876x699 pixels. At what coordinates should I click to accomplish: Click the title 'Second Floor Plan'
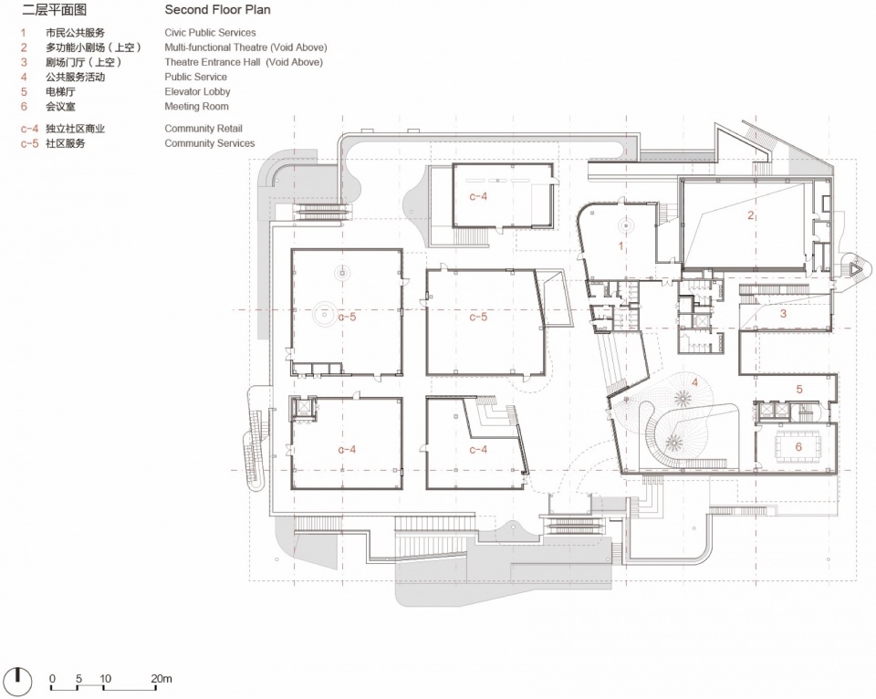click(217, 9)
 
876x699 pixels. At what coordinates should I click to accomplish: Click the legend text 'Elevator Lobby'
click(197, 91)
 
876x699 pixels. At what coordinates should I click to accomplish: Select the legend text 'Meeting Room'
click(197, 106)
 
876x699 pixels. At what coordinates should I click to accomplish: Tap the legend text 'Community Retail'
click(203, 129)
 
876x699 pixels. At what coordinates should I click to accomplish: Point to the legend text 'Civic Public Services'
click(210, 33)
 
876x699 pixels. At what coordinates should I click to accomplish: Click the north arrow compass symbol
click(18, 681)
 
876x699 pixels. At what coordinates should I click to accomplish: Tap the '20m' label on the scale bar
click(162, 678)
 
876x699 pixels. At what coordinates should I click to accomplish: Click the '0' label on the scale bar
click(53, 678)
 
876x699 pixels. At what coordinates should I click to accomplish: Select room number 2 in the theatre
click(751, 215)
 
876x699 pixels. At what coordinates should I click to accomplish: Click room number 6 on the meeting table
click(798, 446)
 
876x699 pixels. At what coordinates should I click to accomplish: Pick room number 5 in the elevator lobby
click(799, 389)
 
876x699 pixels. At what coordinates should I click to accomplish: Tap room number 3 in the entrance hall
click(783, 314)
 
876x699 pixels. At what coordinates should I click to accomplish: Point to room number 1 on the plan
click(620, 245)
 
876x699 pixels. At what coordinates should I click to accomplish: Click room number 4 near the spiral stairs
click(695, 382)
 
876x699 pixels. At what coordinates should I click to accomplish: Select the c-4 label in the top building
click(478, 196)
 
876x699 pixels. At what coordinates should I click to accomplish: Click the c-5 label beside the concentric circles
click(347, 317)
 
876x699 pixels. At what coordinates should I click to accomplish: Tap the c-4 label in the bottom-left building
click(347, 449)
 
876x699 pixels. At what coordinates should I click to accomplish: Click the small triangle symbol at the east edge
click(854, 269)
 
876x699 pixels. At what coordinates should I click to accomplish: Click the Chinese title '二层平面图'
click(54, 9)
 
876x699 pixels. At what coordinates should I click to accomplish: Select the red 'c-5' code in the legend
click(29, 143)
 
